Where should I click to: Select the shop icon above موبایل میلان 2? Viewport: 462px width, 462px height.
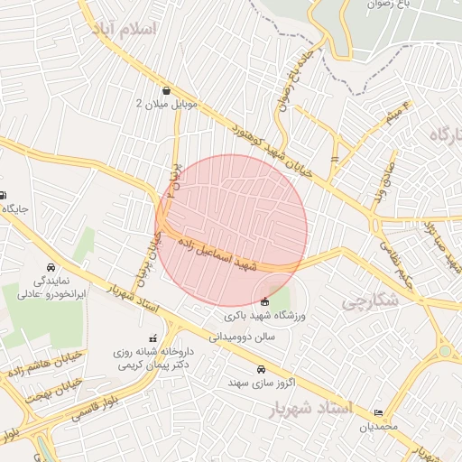tap(166, 90)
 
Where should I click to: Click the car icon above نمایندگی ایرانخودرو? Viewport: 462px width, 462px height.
tap(51, 268)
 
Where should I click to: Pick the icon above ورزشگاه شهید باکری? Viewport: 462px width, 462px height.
tap(263, 301)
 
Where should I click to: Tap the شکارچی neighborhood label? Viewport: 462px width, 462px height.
tap(370, 302)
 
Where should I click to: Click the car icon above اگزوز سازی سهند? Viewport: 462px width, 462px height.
tap(261, 369)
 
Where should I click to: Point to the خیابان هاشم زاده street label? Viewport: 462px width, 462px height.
tap(42, 363)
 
